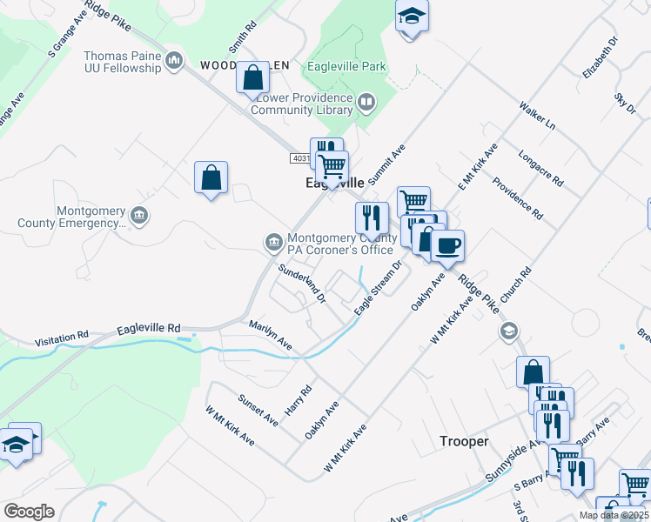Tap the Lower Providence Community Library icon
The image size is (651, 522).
coord(367,104)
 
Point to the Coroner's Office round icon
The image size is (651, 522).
coord(272,241)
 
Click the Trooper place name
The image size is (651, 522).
coord(464,441)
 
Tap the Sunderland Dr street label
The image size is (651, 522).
coord(301,284)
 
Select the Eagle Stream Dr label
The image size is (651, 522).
coord(377,287)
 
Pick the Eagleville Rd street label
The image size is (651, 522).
coord(149,329)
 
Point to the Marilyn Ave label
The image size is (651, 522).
coord(271,337)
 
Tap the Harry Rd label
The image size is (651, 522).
coord(299,400)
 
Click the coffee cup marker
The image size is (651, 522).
coord(447,245)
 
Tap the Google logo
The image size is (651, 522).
coord(29,511)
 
